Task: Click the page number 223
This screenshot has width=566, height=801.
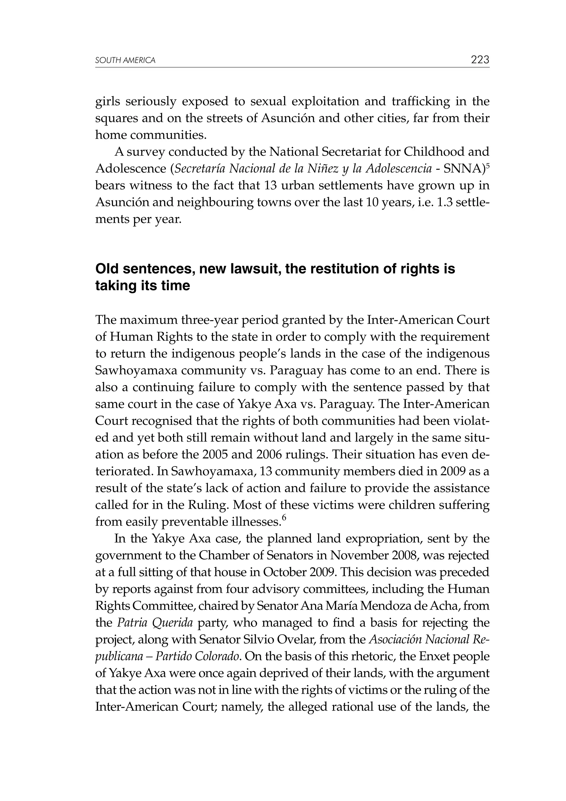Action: tap(480, 60)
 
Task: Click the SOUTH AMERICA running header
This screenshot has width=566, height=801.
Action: tap(125, 61)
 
